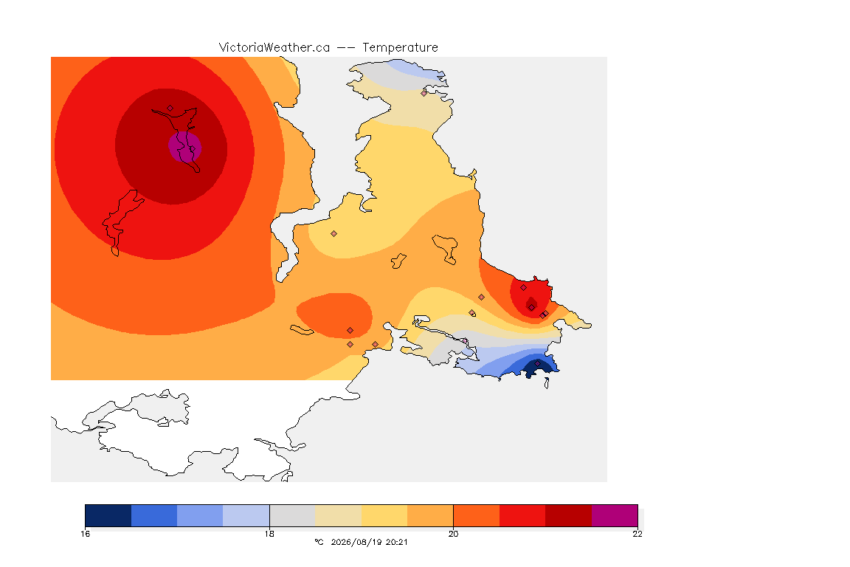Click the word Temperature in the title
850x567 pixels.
400,48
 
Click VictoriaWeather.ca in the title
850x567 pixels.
274,47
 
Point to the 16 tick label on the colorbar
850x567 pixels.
85,534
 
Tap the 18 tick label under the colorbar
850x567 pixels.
269,534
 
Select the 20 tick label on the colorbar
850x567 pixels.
453,534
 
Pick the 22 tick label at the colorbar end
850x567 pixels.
637,534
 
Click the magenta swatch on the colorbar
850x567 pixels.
614,515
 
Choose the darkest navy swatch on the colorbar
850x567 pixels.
108,515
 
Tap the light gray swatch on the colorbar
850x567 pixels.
292,515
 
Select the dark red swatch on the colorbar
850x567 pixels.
568,515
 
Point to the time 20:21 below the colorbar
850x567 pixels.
396,542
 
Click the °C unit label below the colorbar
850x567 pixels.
319,542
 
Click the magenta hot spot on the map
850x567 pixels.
185,146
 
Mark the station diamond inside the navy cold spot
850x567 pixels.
537,363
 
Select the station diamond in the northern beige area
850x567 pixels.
424,93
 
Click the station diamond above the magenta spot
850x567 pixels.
170,109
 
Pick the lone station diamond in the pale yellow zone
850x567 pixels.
334,234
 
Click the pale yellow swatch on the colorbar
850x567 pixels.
384,515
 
